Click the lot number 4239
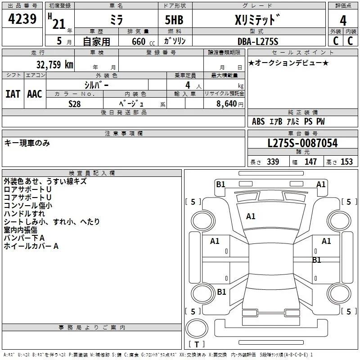[22, 19]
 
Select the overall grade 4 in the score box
[343, 21]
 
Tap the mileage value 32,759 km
[54, 65]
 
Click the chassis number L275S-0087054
[302, 143]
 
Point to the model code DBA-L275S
[258, 41]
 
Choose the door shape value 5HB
[174, 20]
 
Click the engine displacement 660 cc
[143, 41]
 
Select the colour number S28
[75, 104]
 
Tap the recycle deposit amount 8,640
[226, 103]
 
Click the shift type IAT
[13, 94]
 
